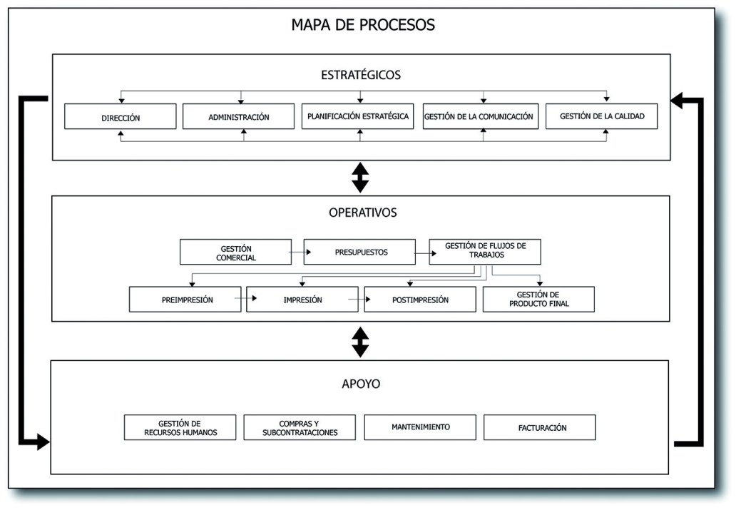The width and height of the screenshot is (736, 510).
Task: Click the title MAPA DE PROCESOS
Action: pyautogui.click(x=362, y=25)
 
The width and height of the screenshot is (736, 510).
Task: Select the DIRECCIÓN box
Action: pyautogui.click(x=120, y=117)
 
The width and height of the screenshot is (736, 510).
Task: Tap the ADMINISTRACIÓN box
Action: pyautogui.click(x=238, y=117)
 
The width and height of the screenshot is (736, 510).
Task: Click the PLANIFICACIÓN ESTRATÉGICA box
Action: pyautogui.click(x=359, y=116)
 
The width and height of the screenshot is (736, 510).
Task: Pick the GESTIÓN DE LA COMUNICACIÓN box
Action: pyautogui.click(x=478, y=116)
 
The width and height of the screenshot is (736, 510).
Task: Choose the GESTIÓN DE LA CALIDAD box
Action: pyautogui.click(x=601, y=116)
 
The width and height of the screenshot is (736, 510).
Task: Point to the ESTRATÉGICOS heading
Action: pyautogui.click(x=361, y=74)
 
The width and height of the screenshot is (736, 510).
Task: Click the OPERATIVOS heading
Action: pyautogui.click(x=362, y=213)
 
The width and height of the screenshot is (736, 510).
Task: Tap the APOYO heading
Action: pyautogui.click(x=360, y=384)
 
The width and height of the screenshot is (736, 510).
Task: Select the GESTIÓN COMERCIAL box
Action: pyautogui.click(x=236, y=253)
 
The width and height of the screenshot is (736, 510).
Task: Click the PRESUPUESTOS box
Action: pyautogui.click(x=360, y=253)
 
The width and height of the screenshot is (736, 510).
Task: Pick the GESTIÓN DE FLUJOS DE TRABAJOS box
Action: pyautogui.click(x=485, y=252)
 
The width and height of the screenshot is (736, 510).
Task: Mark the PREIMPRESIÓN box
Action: pyautogui.click(x=185, y=300)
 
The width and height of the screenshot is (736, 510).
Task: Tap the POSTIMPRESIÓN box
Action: pyautogui.click(x=420, y=300)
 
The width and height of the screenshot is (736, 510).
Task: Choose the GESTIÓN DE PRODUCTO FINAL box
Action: pyautogui.click(x=538, y=300)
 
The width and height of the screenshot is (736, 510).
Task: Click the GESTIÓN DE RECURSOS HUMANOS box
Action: pyautogui.click(x=180, y=427)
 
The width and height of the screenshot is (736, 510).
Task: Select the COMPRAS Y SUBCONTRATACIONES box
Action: pyautogui.click(x=300, y=427)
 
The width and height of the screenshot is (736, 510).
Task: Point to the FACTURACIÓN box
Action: pyautogui.click(x=539, y=427)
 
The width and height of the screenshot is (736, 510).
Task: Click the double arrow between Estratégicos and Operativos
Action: pyautogui.click(x=360, y=178)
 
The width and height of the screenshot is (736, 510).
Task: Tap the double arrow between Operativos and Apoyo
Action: pyautogui.click(x=360, y=341)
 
